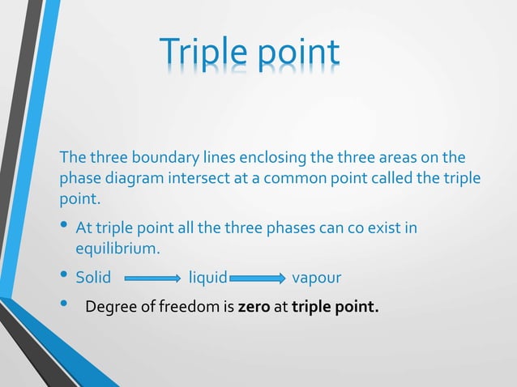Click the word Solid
(x=93, y=279)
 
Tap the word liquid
(x=207, y=279)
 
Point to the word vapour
(x=316, y=279)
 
